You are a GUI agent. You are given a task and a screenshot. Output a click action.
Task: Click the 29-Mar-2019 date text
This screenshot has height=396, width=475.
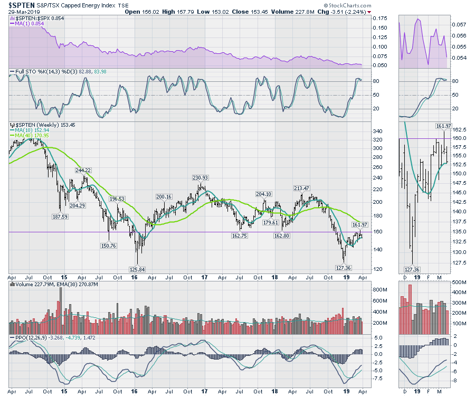tap(25, 12)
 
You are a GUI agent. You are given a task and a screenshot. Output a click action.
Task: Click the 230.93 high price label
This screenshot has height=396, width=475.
tap(200, 178)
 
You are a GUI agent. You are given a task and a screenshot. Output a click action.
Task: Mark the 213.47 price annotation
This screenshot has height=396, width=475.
tap(301, 188)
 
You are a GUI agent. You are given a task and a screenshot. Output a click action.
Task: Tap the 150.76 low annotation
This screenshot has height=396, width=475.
tap(108, 245)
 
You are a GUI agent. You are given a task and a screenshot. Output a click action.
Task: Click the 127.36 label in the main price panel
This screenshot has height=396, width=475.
tap(344, 268)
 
